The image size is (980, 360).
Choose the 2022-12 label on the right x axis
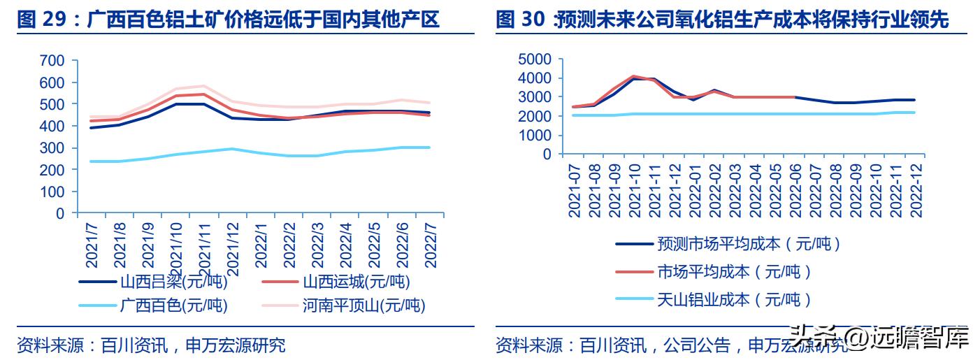pos(913,190)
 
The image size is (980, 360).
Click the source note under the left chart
pos(151,345)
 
